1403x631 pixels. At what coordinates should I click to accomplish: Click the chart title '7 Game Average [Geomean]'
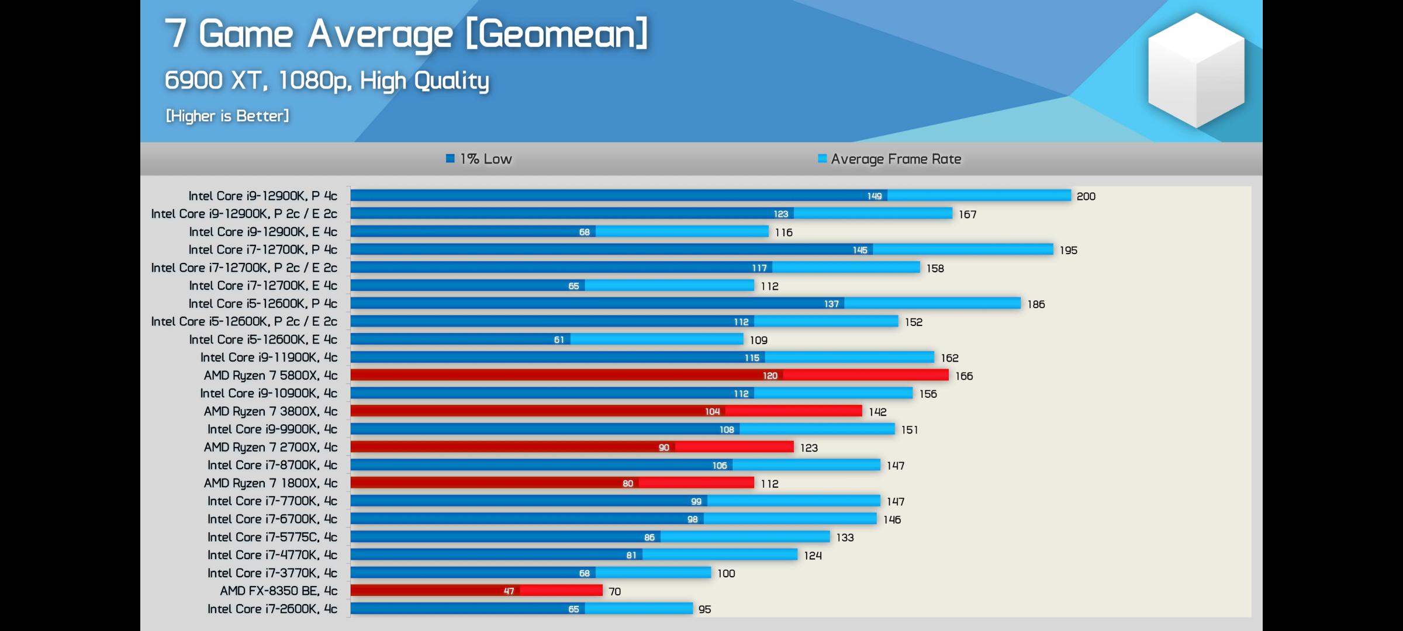click(x=406, y=34)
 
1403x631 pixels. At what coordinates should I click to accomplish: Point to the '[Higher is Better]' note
click(x=227, y=116)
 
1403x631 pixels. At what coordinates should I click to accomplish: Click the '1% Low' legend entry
click(x=479, y=159)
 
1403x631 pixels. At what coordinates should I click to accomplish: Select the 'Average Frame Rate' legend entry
click(x=890, y=159)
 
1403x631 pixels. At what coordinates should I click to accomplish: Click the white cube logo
click(x=1196, y=70)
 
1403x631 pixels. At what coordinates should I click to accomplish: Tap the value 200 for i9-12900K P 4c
click(x=1086, y=196)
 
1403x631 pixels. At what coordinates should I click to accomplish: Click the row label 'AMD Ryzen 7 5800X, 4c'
click(x=270, y=375)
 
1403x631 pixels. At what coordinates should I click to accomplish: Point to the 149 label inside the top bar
click(x=874, y=196)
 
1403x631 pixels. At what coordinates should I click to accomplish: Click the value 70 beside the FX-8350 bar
click(x=614, y=591)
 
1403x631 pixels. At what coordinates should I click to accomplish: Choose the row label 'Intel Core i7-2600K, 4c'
click(x=272, y=609)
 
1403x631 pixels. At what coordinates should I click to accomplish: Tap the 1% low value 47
click(x=509, y=591)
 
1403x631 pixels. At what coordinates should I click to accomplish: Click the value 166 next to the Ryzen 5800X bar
click(x=964, y=376)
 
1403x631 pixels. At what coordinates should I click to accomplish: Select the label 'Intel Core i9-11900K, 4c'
click(x=268, y=357)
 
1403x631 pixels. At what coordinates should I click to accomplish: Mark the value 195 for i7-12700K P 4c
click(x=1068, y=250)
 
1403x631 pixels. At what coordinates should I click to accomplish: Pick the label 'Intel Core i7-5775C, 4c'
click(x=272, y=537)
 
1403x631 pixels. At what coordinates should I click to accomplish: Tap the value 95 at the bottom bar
click(x=704, y=609)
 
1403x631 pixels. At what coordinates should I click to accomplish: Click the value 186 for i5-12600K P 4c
click(x=1036, y=304)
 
